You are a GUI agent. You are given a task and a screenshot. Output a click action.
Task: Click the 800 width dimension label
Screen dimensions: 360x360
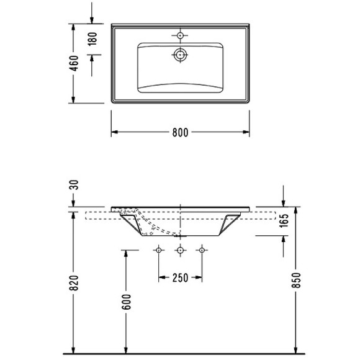181,133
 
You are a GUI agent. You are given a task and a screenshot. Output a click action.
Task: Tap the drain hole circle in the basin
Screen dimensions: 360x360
181,55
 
